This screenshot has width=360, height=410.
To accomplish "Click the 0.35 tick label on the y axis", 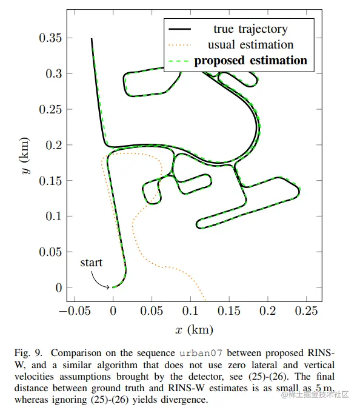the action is coord(50,38).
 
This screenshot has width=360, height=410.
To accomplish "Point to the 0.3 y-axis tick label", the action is coord(54,74).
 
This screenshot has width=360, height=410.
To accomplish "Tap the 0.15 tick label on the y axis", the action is coord(50,181).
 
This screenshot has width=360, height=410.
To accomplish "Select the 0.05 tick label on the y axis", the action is coord(50,252).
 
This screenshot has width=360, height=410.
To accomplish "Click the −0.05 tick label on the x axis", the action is coord(75,311).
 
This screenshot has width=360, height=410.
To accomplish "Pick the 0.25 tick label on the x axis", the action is coord(306,311).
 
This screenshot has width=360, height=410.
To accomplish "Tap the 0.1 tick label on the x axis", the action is coord(190,311).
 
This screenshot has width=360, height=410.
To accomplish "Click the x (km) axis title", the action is coord(194,330).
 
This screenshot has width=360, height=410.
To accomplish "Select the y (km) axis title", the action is coord(24,156).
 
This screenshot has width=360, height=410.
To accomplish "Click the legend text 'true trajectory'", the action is coord(250,29).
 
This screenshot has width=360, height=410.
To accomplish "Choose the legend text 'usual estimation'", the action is coord(250,45).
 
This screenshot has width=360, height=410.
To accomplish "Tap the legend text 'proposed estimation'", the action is coord(250,61).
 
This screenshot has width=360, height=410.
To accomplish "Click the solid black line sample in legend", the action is coord(180,29).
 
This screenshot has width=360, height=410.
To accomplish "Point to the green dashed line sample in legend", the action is coord(179,61).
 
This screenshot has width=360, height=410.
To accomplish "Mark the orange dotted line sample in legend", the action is coord(180,45).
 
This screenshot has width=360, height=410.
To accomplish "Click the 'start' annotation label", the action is coord(91,263).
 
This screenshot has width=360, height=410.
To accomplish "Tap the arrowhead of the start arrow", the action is coord(107,287).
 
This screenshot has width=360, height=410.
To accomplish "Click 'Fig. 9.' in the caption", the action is coord(28,353).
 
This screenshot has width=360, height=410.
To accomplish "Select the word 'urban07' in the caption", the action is coord(201,353).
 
